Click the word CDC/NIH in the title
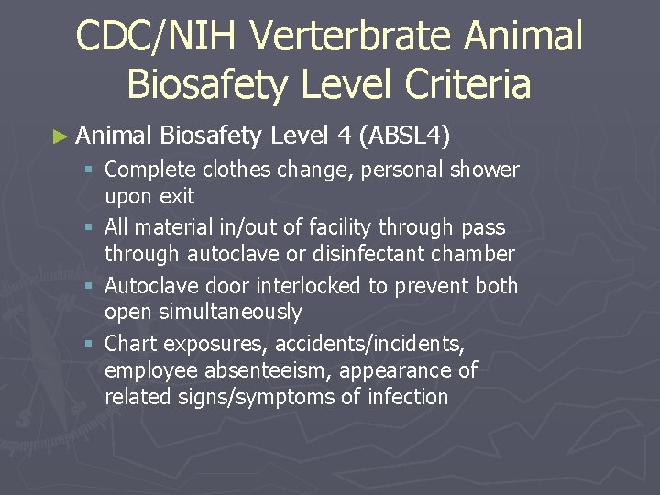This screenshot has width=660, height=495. [156, 37]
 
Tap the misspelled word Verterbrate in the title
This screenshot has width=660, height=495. [355, 37]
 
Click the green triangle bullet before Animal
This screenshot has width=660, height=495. [60, 137]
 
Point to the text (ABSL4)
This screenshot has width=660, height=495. [405, 137]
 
